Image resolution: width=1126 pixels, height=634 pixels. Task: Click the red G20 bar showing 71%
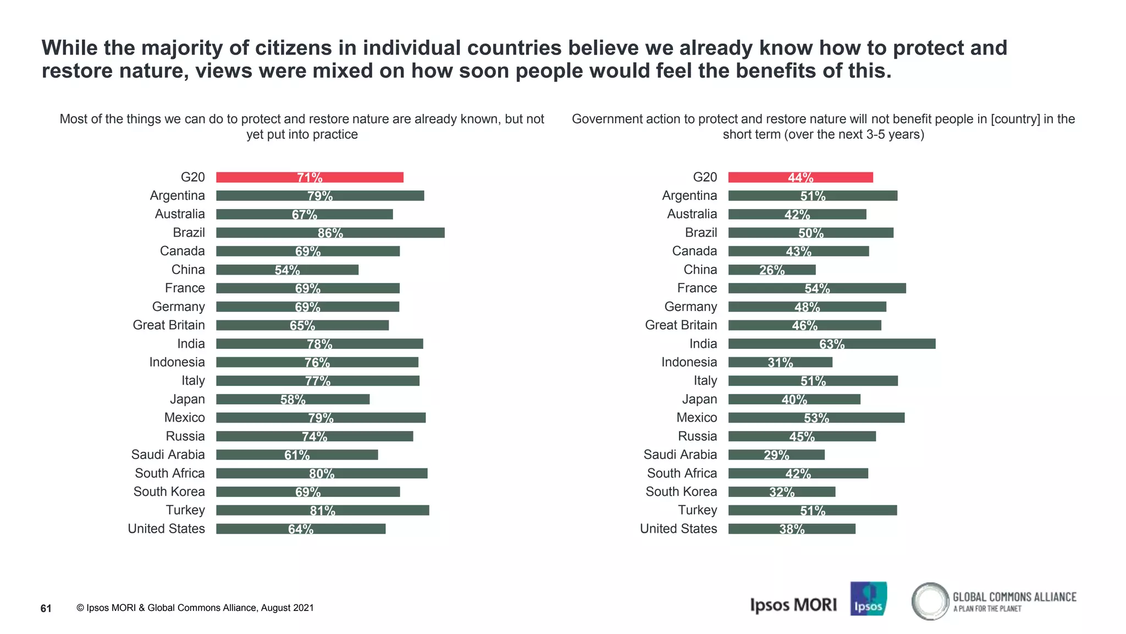310,177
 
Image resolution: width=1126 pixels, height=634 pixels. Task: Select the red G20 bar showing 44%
801,177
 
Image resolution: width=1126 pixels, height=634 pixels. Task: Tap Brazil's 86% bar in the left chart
330,233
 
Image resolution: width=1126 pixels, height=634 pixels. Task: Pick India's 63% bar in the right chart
831,344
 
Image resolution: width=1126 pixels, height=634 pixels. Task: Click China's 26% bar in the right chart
771,270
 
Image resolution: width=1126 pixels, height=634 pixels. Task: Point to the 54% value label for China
288,270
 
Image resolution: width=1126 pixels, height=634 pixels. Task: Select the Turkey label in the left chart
185,510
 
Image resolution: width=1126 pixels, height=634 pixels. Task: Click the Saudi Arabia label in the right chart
680,455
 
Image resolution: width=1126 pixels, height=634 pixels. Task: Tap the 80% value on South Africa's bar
322,474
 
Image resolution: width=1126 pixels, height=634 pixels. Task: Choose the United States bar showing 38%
792,529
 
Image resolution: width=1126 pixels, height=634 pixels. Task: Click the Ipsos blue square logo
868,599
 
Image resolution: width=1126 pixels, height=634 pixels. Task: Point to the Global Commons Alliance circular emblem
930,601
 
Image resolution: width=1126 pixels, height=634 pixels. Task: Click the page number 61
46,608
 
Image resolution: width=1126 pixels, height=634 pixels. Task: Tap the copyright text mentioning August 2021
195,608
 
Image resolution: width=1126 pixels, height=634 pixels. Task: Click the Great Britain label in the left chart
169,325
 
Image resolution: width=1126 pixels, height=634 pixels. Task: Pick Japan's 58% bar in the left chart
292,400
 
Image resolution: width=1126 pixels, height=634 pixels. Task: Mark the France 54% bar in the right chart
817,288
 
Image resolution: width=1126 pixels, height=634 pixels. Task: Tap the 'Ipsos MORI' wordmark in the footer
793,605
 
